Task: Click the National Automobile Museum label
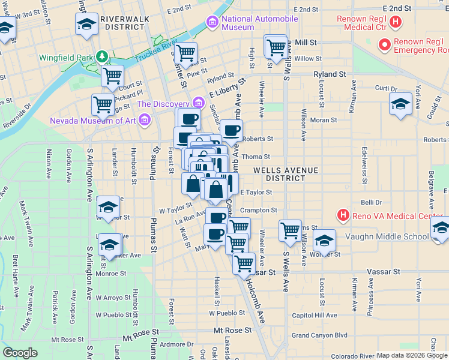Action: pyautogui.click(x=259, y=23)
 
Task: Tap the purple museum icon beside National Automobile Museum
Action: pyautogui.click(x=212, y=23)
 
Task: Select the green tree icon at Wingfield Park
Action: pyautogui.click(x=103, y=58)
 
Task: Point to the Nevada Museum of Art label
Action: pyautogui.click(x=93, y=121)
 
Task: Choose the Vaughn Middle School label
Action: pyautogui.click(x=387, y=236)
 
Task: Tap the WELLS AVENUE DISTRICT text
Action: pyautogui.click(x=285, y=174)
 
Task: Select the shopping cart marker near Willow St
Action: pyautogui.click(x=276, y=47)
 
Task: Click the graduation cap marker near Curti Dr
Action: pyautogui.click(x=400, y=104)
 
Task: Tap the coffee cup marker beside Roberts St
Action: pyautogui.click(x=231, y=129)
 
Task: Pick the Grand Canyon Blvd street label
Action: pyautogui.click(x=320, y=335)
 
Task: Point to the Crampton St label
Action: pyautogui.click(x=259, y=211)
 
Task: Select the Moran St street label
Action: pyautogui.click(x=324, y=120)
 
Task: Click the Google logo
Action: pyautogui.click(x=20, y=353)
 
